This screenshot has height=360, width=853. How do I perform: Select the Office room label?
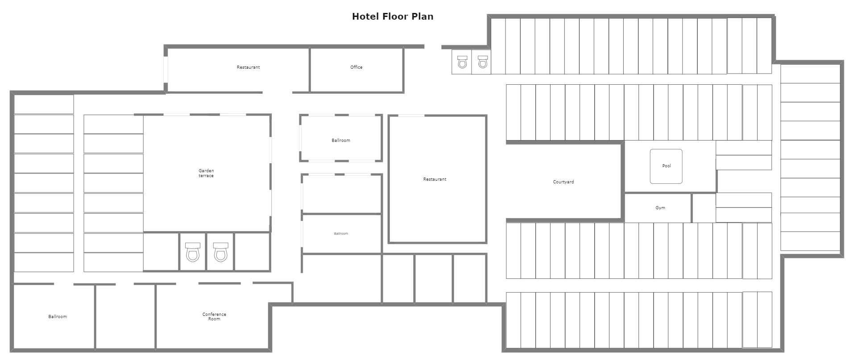tap(356, 67)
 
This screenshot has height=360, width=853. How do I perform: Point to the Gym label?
tap(660, 208)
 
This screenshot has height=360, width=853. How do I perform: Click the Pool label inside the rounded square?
tap(667, 166)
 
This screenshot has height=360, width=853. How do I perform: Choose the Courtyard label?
tap(563, 182)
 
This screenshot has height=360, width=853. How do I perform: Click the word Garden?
tap(206, 171)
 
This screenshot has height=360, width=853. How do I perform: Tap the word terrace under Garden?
tap(206, 176)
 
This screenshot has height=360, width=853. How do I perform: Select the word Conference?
tap(214, 314)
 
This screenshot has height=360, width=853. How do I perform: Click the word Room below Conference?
tap(214, 319)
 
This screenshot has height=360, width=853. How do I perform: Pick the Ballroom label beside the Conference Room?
tap(58, 317)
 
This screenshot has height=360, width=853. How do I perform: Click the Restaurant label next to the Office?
tap(248, 67)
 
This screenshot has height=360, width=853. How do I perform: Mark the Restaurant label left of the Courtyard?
tap(435, 179)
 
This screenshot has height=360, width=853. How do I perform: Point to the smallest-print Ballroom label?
tap(341, 234)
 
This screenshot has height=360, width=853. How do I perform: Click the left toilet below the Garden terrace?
tap(193, 252)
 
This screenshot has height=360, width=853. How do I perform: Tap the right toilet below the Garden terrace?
tap(220, 252)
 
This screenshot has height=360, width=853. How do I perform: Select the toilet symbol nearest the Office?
tap(462, 62)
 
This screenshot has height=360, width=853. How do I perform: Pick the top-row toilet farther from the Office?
tap(482, 62)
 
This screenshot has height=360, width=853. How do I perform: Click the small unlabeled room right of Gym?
tap(704, 208)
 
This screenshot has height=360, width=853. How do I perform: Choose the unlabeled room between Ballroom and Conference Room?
tap(125, 316)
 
